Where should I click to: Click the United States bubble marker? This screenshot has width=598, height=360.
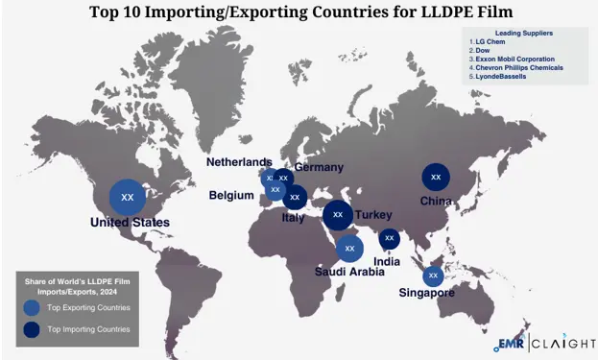(127, 198)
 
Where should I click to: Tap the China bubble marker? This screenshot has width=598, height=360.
(436, 177)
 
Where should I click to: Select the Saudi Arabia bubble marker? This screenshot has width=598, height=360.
(349, 248)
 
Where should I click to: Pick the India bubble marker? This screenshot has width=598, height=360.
(389, 237)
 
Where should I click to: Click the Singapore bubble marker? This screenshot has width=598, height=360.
(432, 276)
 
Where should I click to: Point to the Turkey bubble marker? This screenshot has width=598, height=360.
(337, 215)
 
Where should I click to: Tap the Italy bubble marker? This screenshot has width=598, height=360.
(295, 198)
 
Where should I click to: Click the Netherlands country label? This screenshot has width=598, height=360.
(239, 162)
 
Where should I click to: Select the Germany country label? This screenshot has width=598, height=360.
(319, 167)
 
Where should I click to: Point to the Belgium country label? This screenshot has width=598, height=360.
(231, 196)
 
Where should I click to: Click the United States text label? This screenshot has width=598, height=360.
(130, 223)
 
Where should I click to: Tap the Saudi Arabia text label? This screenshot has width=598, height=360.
(350, 272)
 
